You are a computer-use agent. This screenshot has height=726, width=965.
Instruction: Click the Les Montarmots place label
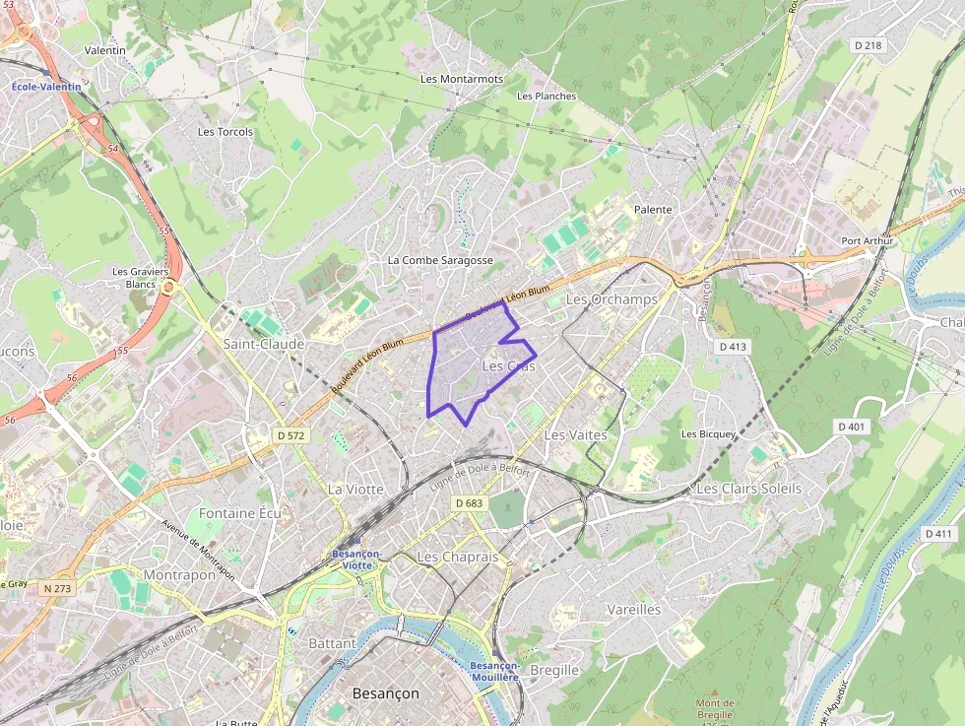(x=462, y=79)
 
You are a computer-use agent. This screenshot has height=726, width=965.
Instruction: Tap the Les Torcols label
(x=225, y=131)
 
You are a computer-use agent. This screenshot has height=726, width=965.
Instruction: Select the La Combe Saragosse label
(x=440, y=260)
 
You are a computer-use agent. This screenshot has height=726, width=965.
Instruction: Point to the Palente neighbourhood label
(x=653, y=210)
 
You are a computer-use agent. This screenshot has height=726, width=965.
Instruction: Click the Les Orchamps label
(x=611, y=298)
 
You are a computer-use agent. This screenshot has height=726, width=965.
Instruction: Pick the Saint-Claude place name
(x=264, y=344)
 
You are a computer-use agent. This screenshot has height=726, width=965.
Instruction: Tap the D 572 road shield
(x=291, y=434)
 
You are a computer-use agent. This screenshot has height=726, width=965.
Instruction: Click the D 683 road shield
(x=470, y=502)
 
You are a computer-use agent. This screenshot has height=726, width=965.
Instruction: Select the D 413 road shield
(x=734, y=347)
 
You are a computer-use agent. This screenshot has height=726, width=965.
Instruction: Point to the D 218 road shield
(x=868, y=45)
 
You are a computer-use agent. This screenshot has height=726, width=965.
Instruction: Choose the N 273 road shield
(x=58, y=588)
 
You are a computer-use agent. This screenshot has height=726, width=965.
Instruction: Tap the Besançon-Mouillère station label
(x=494, y=672)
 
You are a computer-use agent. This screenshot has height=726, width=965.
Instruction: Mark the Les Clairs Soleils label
(x=749, y=489)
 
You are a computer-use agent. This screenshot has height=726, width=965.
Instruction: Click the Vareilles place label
(x=634, y=609)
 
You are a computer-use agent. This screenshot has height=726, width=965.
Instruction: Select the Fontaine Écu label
(x=240, y=513)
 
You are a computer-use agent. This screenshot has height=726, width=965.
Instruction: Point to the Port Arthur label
(x=866, y=241)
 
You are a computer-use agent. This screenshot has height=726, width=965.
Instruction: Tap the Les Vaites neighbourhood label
(x=575, y=434)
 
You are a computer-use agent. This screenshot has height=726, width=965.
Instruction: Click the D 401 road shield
(x=852, y=427)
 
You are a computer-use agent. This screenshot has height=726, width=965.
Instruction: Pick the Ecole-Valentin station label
(x=47, y=87)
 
